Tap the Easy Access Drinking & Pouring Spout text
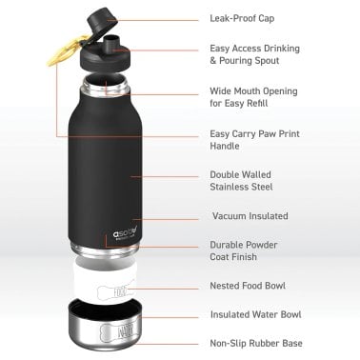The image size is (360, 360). click(253, 54)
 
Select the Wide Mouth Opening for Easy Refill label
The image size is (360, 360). click(252, 97)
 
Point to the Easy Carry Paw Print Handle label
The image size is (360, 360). click(254, 140)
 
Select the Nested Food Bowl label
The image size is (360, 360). click(247, 286)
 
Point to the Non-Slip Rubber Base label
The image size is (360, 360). click(254, 343)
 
